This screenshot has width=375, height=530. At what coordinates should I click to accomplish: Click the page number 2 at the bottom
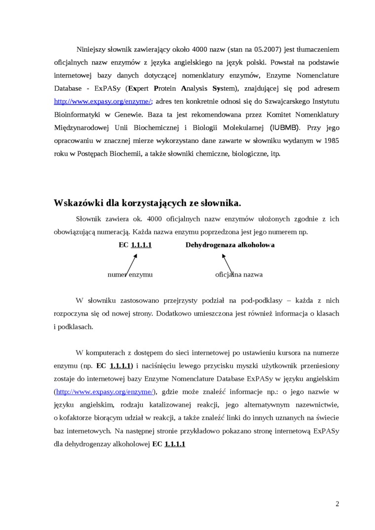click(x=337, y=504)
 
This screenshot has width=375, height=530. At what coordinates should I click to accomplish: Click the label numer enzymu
click(x=130, y=275)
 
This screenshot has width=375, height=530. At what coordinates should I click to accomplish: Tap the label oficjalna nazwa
click(x=239, y=275)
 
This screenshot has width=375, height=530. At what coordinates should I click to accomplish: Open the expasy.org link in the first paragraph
click(x=103, y=102)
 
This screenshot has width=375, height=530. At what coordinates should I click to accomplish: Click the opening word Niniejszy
click(x=91, y=50)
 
